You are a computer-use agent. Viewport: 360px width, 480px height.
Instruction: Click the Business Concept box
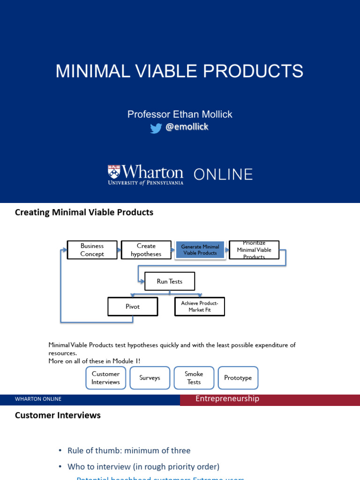coord(92,250)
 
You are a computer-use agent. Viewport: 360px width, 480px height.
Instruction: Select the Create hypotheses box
coord(146,250)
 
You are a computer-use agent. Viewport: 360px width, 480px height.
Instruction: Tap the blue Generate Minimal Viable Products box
coord(200,250)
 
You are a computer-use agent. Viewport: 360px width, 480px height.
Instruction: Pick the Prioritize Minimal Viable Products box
coord(254,250)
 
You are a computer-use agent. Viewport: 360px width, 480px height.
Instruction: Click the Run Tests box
coord(169,281)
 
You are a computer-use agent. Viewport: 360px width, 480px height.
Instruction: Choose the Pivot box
coord(133,307)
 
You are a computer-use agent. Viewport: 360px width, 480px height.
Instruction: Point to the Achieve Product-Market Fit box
coord(200,307)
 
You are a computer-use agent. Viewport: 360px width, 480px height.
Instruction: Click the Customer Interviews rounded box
coord(105,378)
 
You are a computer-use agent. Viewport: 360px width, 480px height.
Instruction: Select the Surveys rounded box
coord(150,378)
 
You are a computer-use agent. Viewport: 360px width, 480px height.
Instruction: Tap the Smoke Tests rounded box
coord(194,378)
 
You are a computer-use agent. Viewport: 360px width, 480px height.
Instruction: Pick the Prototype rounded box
coord(238,378)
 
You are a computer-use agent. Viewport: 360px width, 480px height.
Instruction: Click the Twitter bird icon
coord(156,128)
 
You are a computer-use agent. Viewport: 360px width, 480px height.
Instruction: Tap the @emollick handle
coord(187,127)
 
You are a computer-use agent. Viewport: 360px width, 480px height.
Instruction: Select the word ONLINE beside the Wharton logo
coord(223,174)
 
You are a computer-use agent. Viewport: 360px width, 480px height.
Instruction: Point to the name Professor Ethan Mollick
coord(180,114)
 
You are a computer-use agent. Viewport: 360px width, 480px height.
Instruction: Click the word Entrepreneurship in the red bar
coord(227,398)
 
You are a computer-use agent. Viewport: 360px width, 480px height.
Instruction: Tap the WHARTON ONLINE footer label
coord(38,399)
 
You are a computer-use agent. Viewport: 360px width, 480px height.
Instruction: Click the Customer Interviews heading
coord(58,415)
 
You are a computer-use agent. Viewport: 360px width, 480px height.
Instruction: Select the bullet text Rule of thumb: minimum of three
coord(129,450)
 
